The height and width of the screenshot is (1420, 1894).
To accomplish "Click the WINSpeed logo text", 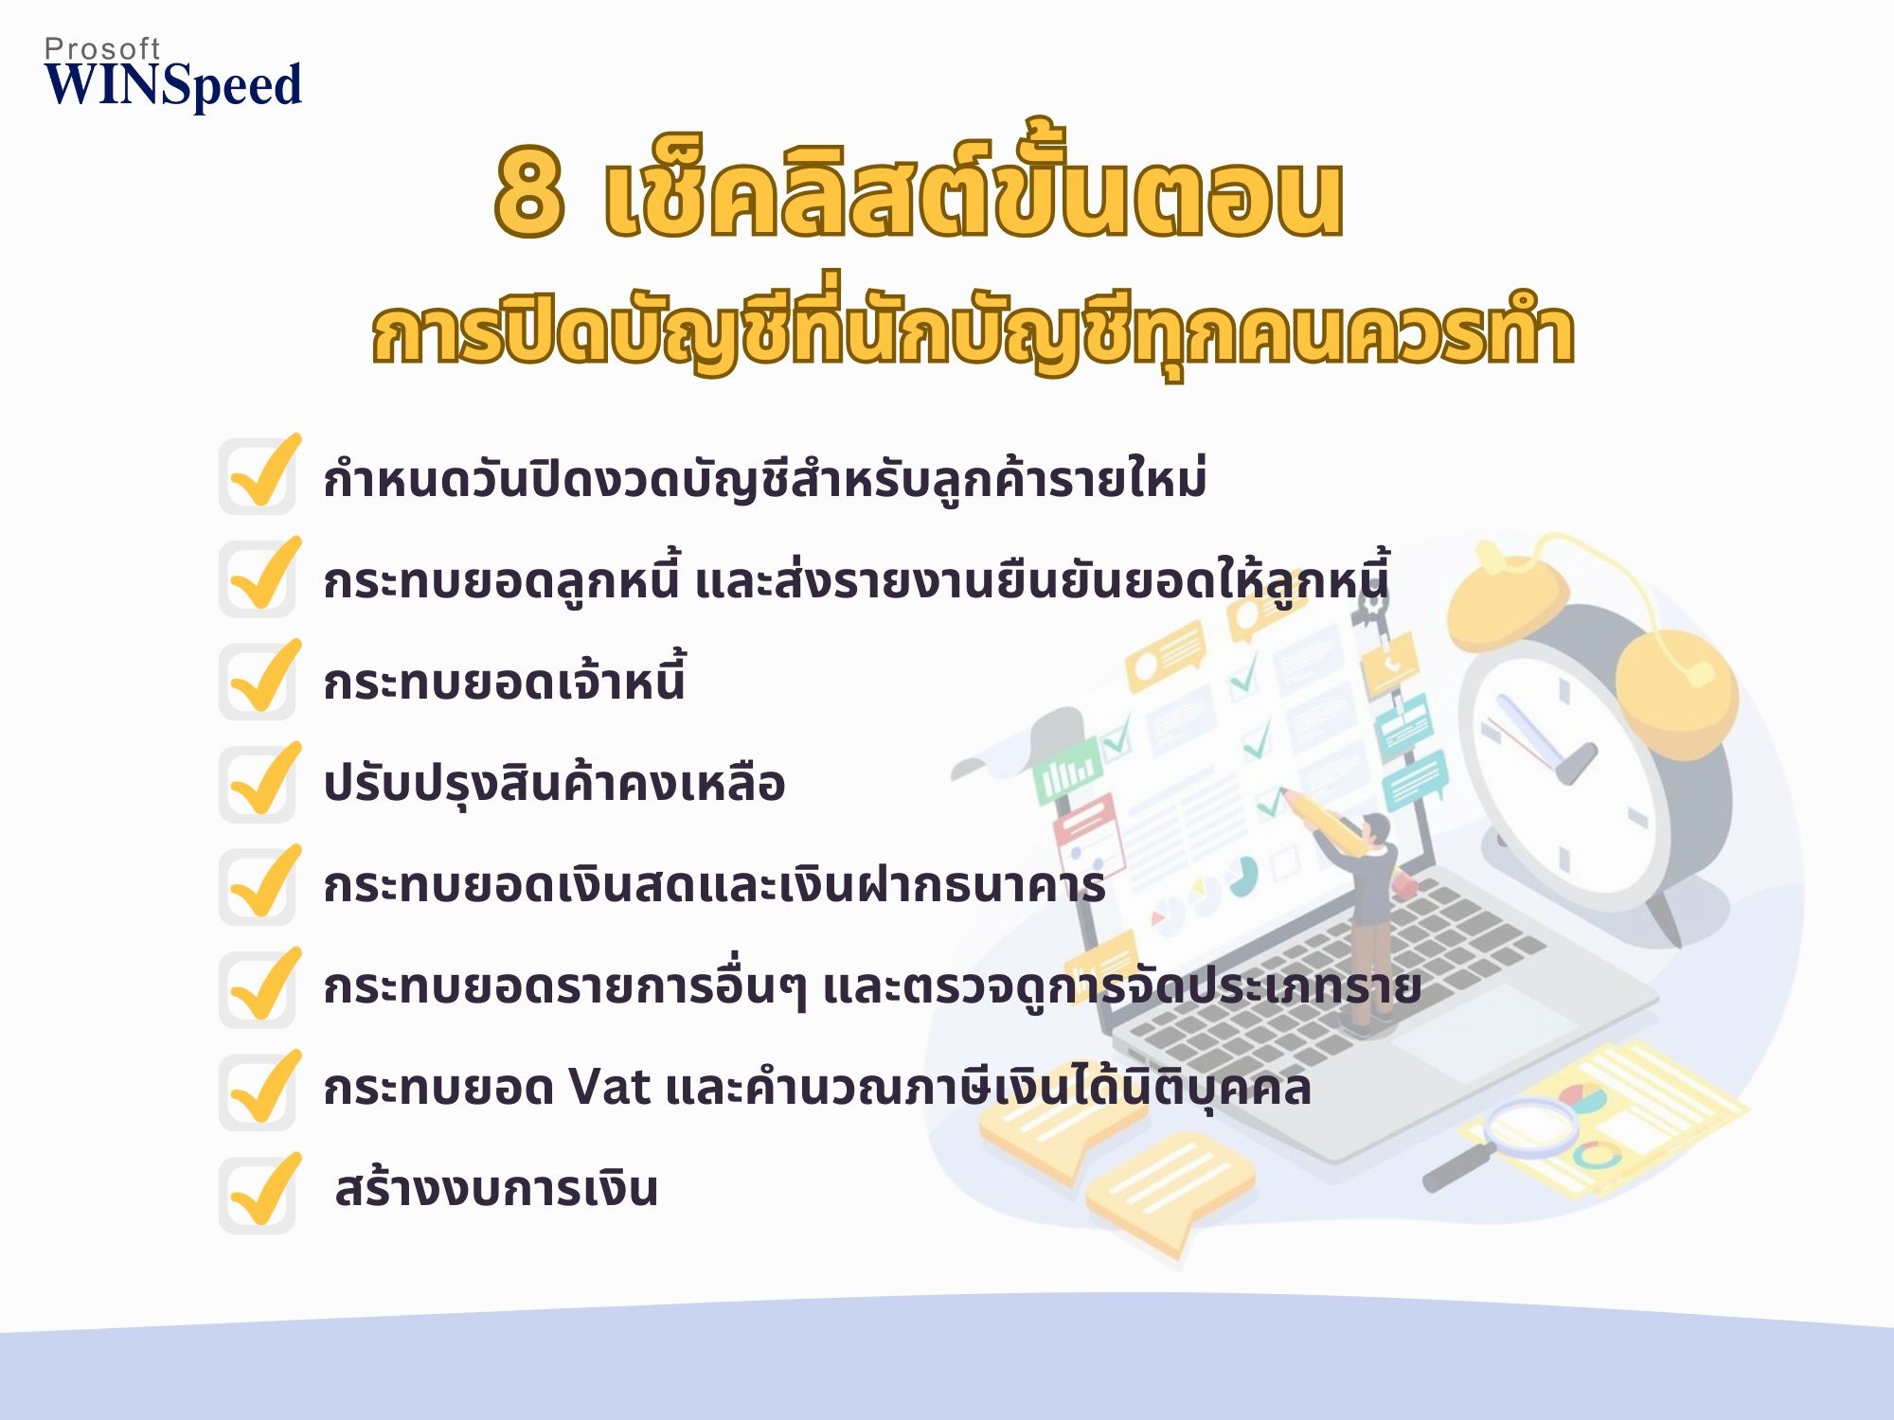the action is pos(173,85).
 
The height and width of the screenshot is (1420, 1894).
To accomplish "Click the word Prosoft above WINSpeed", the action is pos(102,48).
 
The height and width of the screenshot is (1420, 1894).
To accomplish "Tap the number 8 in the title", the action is pos(529,193).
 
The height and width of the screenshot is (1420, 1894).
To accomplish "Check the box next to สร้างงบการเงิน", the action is pos(258,1195).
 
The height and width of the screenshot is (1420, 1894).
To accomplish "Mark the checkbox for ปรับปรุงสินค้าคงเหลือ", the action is pos(258,784).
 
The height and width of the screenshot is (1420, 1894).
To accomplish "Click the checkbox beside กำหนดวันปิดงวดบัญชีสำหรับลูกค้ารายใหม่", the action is pos(258,476).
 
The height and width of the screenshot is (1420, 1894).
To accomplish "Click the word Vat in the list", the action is pos(609,1087).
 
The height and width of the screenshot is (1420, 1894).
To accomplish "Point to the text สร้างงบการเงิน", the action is pos(496,1188).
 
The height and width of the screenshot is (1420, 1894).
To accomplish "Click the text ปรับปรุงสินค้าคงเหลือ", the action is pos(554,784).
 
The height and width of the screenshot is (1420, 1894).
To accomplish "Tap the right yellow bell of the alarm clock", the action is pos(1676,691).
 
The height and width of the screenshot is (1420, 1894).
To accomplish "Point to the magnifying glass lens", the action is pos(1530,1127).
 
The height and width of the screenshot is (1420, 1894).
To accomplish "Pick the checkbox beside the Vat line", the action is pos(258,1092).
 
